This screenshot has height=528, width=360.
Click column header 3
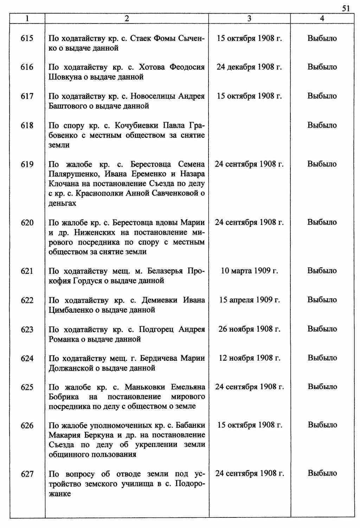249,19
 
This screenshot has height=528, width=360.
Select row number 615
27,38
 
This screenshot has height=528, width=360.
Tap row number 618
27,125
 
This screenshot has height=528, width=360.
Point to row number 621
27,271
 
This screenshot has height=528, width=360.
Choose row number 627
27,474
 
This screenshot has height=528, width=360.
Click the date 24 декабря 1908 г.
249,67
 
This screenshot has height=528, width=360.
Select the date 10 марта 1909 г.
249,271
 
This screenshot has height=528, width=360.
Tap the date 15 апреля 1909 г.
249,300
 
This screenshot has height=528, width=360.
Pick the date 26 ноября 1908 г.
249,329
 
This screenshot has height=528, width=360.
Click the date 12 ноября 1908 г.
249,358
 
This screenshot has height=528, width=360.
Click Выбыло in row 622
322,300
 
